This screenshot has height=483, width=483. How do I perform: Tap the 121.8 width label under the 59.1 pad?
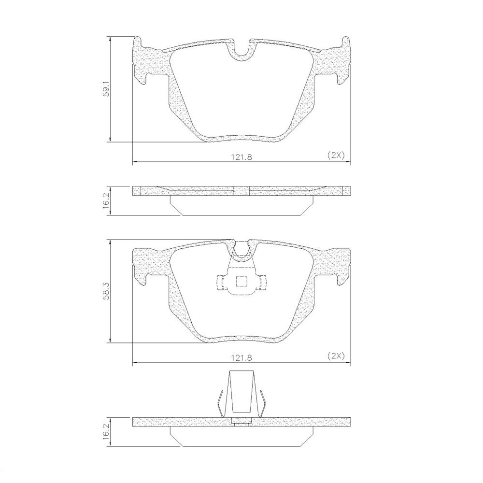tap(241, 156)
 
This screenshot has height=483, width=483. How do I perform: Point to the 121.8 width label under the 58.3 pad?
tap(241, 357)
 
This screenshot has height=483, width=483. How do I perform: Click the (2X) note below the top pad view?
tap(336, 156)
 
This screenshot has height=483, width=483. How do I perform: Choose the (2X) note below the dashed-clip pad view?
tap(336, 356)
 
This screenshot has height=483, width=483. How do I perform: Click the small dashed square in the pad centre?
tap(241, 281)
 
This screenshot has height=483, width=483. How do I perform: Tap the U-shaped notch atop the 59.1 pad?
tap(241, 51)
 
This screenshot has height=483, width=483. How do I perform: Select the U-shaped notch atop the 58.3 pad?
tap(241, 250)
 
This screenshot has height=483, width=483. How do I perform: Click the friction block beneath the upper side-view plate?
tap(241, 205)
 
